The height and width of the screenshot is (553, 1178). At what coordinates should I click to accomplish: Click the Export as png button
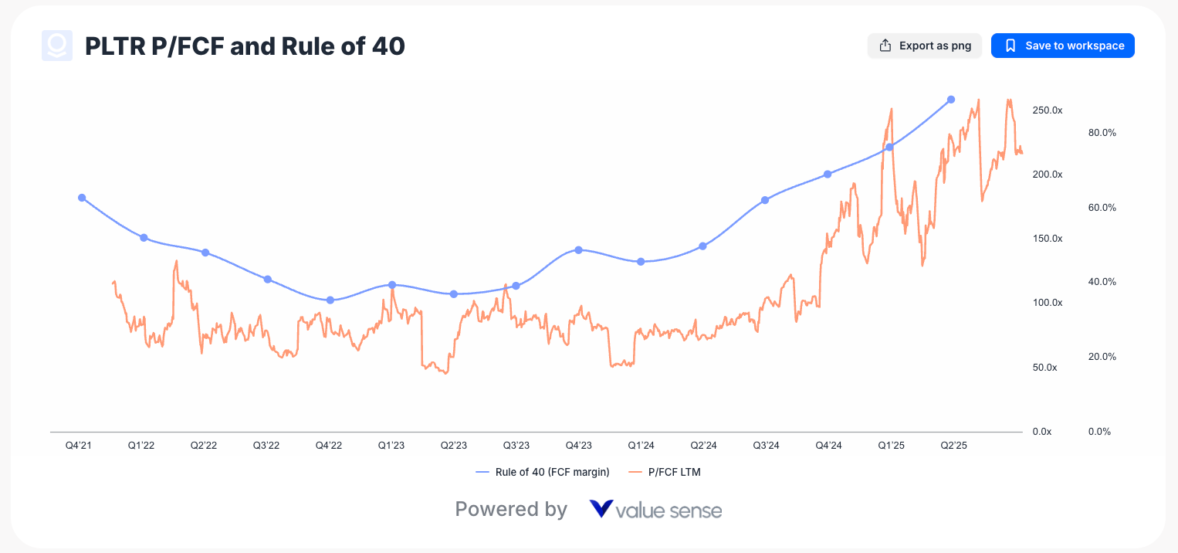pyautogui.click(x=924, y=46)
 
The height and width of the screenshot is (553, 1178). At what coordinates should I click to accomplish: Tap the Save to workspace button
pyautogui.click(x=1062, y=46)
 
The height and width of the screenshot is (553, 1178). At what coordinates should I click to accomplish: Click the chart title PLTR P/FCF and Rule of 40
pyautogui.click(x=245, y=46)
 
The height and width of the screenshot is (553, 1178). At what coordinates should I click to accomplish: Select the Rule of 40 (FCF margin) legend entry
pyautogui.click(x=543, y=472)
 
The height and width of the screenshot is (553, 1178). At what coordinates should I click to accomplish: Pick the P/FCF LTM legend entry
pyautogui.click(x=665, y=472)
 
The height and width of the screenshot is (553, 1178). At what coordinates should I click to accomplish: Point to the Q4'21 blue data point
pyautogui.click(x=82, y=198)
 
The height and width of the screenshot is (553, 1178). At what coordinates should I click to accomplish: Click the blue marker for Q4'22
pyautogui.click(x=330, y=300)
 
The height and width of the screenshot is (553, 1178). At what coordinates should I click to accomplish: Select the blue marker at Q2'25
pyautogui.click(x=951, y=100)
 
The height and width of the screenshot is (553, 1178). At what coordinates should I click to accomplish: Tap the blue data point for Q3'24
pyautogui.click(x=765, y=200)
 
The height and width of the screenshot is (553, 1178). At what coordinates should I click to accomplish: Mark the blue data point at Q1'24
pyautogui.click(x=641, y=262)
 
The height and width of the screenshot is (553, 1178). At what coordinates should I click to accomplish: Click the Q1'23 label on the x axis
pyautogui.click(x=391, y=446)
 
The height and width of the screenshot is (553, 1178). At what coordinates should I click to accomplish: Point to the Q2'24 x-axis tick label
pyautogui.click(x=703, y=446)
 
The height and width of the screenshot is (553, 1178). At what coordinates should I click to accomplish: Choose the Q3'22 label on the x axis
pyautogui.click(x=267, y=446)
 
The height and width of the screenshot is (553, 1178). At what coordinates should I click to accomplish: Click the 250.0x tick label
pyautogui.click(x=1047, y=110)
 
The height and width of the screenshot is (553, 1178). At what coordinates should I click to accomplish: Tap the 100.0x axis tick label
pyautogui.click(x=1047, y=303)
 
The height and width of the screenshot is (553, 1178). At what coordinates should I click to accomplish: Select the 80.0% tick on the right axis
pyautogui.click(x=1102, y=133)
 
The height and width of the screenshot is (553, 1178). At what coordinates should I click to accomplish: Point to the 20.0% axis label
pyautogui.click(x=1102, y=357)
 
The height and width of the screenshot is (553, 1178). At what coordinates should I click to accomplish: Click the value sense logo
pyautogui.click(x=655, y=510)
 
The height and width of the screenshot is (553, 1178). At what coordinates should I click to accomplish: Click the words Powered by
pyautogui.click(x=511, y=510)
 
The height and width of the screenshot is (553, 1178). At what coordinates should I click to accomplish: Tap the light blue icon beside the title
pyautogui.click(x=57, y=46)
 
